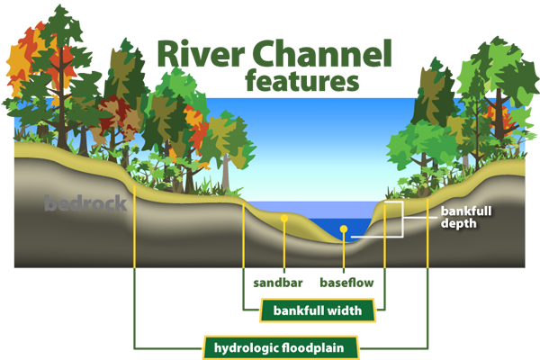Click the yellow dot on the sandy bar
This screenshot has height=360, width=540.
pos(284,218)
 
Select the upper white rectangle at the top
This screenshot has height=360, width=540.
pos(225,40)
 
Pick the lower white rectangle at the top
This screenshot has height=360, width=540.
pos(225,71)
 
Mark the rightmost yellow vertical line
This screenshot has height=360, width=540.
pos(427,229)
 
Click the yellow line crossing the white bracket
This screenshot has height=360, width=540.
pos(385,236)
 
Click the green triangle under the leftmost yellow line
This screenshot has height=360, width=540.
pos(134,283)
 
